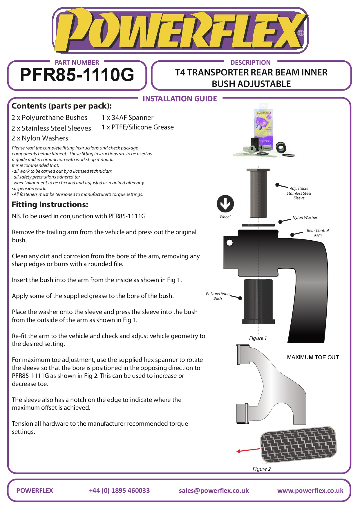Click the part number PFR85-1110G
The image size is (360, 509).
click(x=77, y=75)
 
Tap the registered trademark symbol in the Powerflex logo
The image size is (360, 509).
click(x=301, y=33)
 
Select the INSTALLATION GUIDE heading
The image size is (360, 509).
click(x=180, y=99)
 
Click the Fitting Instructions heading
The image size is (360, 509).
click(x=50, y=205)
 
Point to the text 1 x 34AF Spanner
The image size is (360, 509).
click(x=127, y=118)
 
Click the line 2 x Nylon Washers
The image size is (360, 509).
click(x=40, y=138)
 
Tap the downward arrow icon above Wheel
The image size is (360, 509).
click(x=225, y=203)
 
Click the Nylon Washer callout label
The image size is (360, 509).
click(x=305, y=217)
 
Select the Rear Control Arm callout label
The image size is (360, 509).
click(x=318, y=233)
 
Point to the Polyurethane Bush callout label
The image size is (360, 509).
click(x=218, y=296)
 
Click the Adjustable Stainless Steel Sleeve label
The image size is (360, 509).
click(x=299, y=193)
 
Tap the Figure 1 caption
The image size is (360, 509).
click(x=258, y=338)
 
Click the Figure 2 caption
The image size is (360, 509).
click(x=261, y=469)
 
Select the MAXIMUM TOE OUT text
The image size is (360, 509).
click(x=313, y=357)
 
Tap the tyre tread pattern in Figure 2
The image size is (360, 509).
click(x=299, y=444)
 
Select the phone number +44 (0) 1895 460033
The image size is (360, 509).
click(x=119, y=490)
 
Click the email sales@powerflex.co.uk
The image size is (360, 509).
click(x=214, y=490)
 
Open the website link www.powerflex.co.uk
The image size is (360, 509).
click(x=310, y=490)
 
